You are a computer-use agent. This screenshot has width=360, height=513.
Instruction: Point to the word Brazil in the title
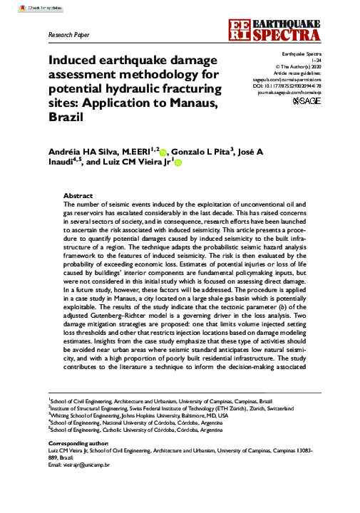click(x=68, y=123)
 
